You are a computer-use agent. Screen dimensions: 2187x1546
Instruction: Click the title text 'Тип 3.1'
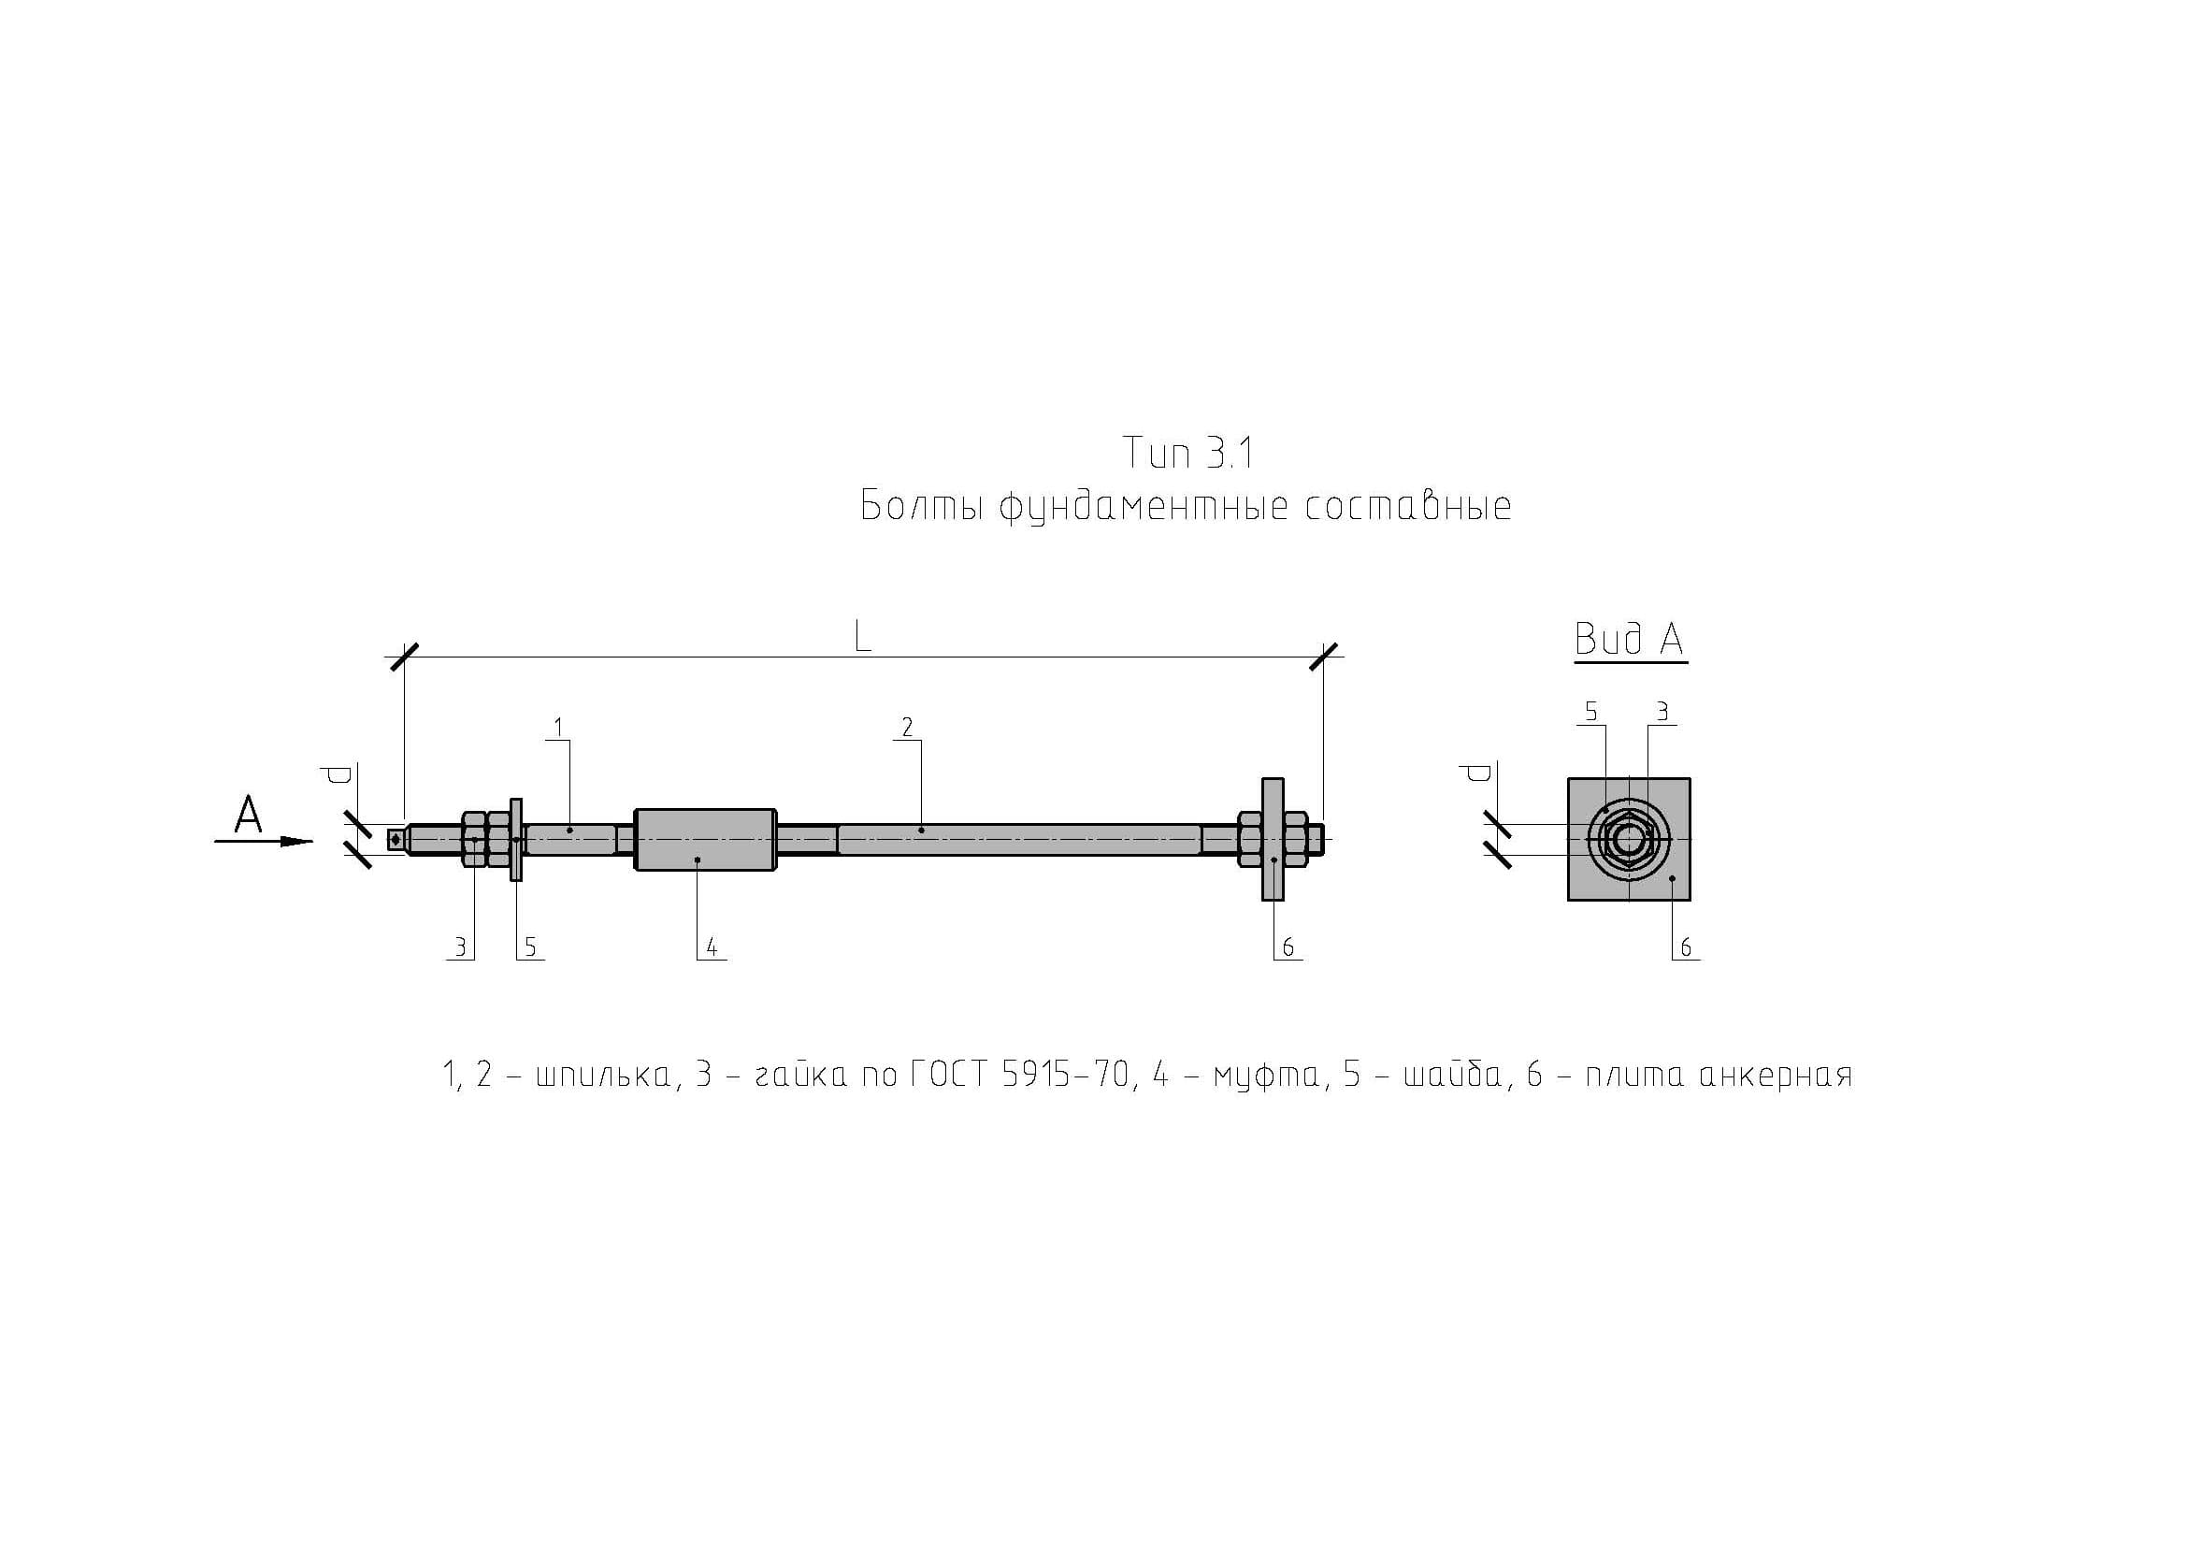point(1187,453)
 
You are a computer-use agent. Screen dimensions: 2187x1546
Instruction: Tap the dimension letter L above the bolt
point(862,635)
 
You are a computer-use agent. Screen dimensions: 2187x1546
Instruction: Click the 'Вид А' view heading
point(1629,639)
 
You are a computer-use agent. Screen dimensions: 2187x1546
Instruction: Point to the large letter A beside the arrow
point(249,816)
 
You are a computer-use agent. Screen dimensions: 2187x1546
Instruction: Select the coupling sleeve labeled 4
point(706,839)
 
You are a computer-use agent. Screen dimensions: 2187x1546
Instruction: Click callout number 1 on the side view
point(558,728)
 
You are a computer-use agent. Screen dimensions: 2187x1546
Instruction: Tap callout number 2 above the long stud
point(907,728)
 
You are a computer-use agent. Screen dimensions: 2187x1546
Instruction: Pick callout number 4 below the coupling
point(712,946)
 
